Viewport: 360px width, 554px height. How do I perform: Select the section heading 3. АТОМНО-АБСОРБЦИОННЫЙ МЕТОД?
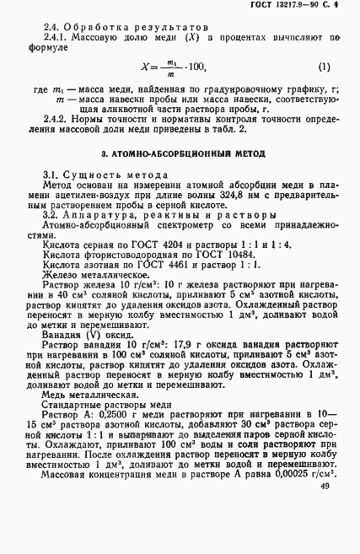pos(183,154)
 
